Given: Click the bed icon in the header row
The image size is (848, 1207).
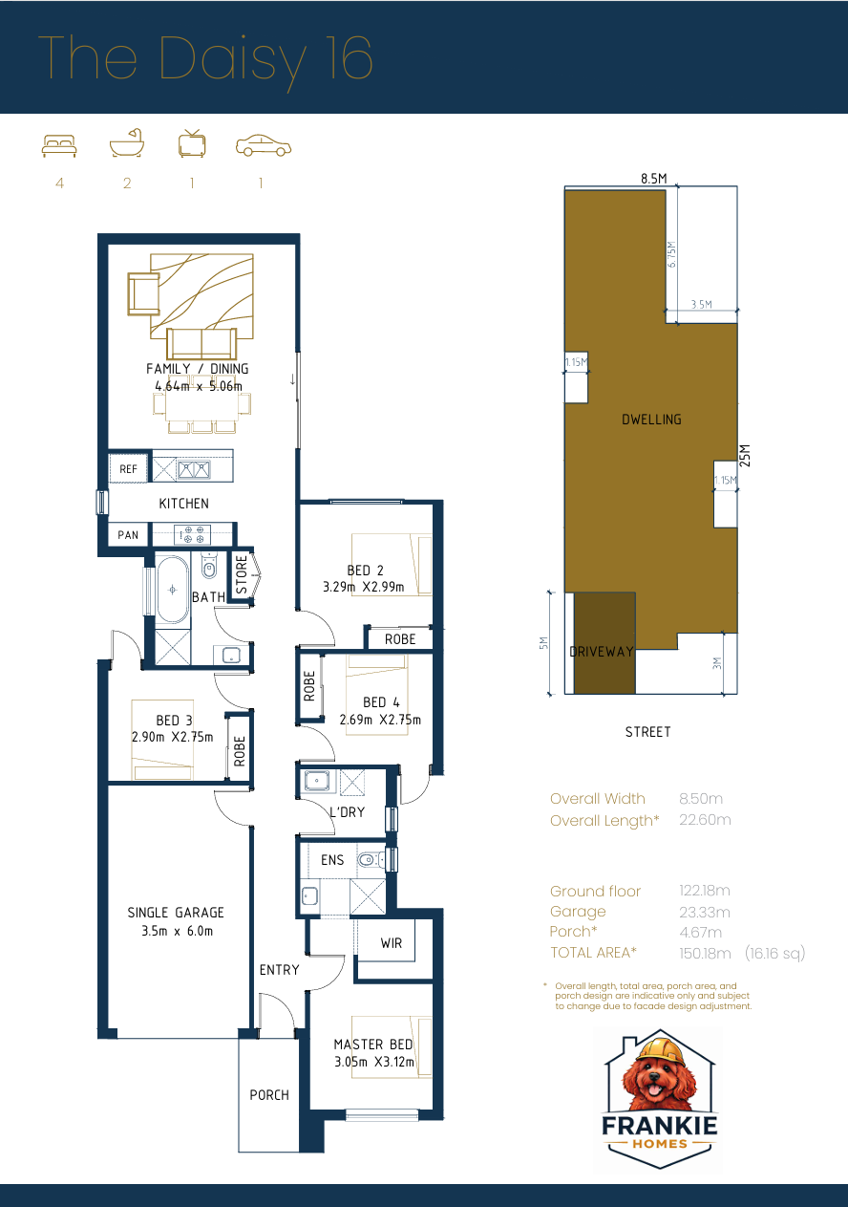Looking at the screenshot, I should [59, 145].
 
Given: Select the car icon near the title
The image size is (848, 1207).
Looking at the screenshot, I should [263, 145].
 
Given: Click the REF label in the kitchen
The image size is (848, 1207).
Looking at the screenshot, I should [128, 469].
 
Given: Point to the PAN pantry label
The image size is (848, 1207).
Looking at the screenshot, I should [128, 535].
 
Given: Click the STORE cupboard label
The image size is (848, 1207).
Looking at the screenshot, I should [242, 575].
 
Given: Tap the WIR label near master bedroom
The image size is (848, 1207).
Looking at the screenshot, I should [392, 943].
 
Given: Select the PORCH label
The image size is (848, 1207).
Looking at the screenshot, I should [269, 1095].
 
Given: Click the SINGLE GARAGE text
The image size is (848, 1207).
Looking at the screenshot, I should [176, 913].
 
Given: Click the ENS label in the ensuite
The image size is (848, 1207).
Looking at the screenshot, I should [332, 860].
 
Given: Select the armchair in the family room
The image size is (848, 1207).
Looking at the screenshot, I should [144, 292].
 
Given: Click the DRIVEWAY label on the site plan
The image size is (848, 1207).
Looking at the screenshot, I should [602, 652].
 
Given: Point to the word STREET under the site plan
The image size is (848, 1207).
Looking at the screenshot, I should [647, 732].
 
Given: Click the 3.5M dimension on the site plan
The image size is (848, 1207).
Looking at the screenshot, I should [701, 305].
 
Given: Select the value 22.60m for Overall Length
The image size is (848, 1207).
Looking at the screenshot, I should [705, 820].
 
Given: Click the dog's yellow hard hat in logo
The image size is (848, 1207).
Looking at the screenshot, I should [662, 1049].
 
